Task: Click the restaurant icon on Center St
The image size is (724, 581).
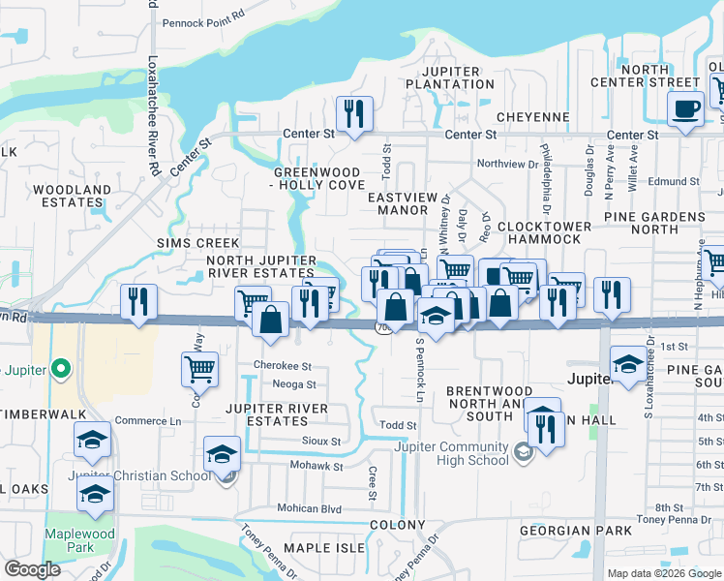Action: [x=353, y=113]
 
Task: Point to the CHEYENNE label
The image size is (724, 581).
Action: [x=536, y=117]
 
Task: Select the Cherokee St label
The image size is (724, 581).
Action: [x=282, y=366]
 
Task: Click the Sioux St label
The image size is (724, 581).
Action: [x=324, y=441]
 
